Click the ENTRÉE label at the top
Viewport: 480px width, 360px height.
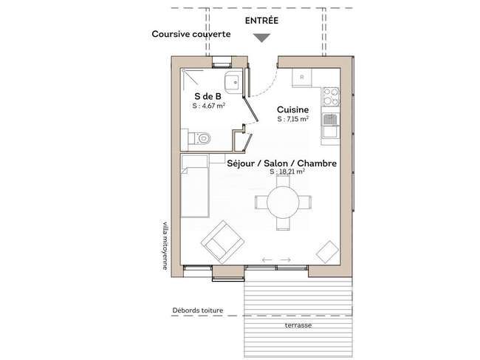261,21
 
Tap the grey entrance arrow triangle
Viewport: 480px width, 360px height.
262,38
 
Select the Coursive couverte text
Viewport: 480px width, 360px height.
191,34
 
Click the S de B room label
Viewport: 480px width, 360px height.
208,96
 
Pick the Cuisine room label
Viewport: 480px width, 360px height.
292,109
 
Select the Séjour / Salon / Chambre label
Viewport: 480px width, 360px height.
281,163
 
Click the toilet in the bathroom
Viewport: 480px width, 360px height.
199,138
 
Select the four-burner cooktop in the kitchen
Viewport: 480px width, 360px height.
332,97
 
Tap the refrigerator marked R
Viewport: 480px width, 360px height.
302,78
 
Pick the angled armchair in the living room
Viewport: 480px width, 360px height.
222,242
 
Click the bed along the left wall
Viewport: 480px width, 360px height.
195,186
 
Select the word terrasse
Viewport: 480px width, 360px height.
298,325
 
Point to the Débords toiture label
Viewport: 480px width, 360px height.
198,310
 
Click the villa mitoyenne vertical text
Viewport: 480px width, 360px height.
165,245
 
